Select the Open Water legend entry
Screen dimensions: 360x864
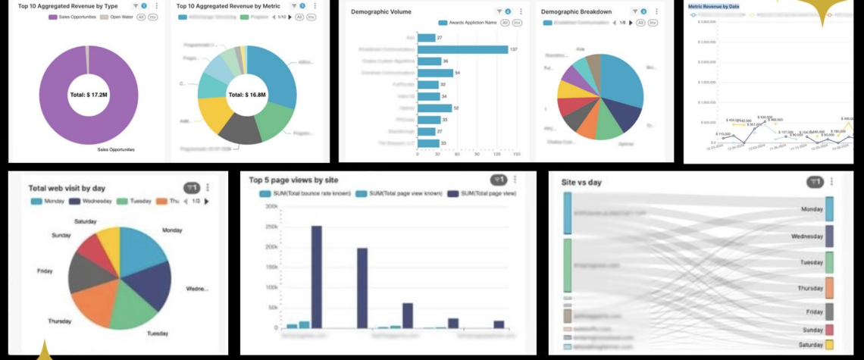[x=120, y=16]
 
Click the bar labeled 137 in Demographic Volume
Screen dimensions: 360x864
[x=462, y=49]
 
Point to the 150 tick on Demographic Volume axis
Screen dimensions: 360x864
[x=516, y=155]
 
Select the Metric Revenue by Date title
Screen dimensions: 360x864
[x=713, y=6]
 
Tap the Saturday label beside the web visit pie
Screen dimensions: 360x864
[x=85, y=221]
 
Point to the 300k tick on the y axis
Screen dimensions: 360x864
[x=269, y=227]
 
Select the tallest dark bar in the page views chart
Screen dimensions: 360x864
[x=316, y=277]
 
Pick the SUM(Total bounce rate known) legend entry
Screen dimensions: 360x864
[x=307, y=194]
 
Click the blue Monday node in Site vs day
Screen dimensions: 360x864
[x=829, y=208]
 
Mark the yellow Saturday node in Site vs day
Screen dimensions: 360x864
[x=829, y=345]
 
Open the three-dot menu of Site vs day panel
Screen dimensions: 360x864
[x=831, y=182]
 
